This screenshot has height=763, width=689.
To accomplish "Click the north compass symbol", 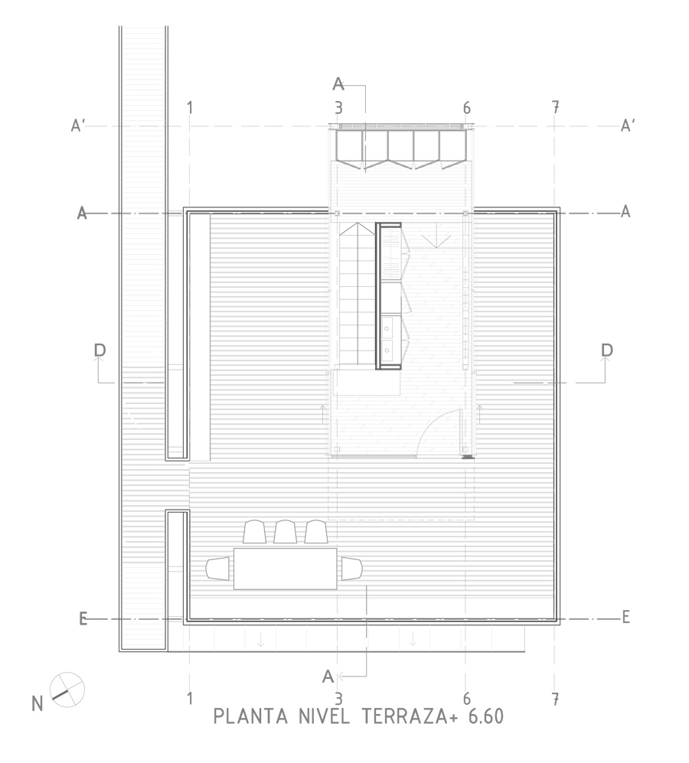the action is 67,690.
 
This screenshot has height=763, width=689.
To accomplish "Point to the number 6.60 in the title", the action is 485,717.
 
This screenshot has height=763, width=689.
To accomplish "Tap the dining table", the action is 286,569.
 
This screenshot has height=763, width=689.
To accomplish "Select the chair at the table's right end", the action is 351,569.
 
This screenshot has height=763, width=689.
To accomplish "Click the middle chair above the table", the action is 285,532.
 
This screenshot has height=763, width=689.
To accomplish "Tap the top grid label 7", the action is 555,108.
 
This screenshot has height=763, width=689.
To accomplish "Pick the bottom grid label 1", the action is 190,699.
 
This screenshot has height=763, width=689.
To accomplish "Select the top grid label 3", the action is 338,108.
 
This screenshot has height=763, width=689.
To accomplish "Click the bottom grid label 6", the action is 466,699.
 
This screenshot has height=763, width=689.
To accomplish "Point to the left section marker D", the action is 100,351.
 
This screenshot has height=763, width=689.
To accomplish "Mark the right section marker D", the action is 607,351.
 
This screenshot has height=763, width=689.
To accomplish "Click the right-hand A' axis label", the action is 628,126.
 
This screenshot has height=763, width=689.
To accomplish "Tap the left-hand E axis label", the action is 83,618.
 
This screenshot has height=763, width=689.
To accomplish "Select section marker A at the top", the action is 338,84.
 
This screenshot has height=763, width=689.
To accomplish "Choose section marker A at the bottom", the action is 328,677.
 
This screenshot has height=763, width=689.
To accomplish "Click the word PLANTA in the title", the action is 250,717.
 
